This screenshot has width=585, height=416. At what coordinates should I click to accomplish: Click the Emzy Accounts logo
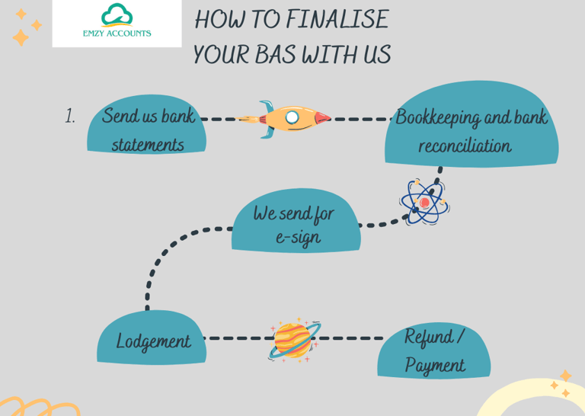(x=117, y=23)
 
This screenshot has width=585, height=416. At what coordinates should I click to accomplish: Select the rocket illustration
(x=283, y=119)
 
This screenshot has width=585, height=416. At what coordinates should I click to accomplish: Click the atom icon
(x=424, y=203)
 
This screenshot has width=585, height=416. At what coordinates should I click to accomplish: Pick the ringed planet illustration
(x=294, y=339)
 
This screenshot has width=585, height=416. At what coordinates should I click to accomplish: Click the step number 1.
(x=70, y=117)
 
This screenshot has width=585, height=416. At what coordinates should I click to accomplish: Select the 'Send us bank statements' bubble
(x=147, y=129)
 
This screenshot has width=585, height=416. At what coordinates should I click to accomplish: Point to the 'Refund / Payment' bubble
(x=433, y=351)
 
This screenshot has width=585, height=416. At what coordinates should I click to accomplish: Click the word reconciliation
(x=465, y=146)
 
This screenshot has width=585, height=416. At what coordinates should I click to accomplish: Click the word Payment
(x=434, y=365)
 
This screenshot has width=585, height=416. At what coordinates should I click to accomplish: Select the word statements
(x=148, y=144)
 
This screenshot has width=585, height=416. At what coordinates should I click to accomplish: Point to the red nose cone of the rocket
(x=322, y=119)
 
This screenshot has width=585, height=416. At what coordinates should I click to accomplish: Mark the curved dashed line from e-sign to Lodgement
(x=160, y=259)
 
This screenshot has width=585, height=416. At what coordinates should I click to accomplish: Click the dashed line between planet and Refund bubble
(x=350, y=338)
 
